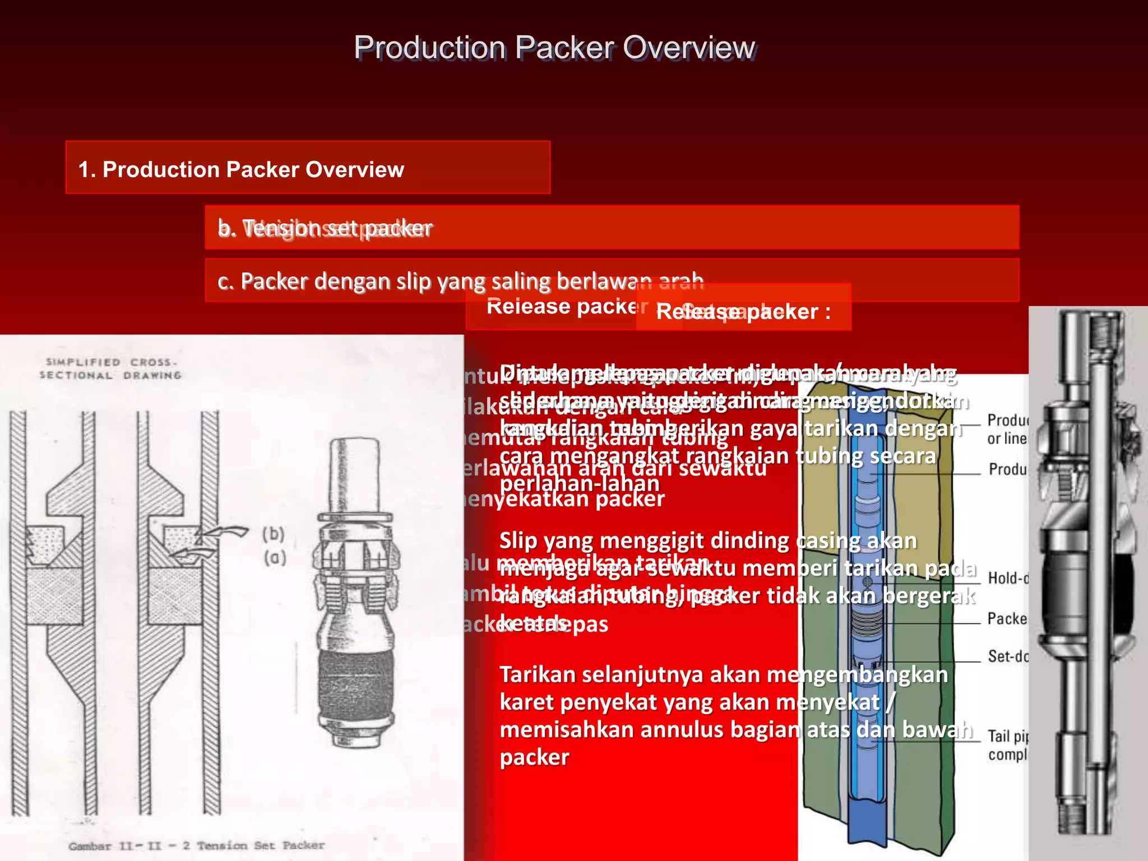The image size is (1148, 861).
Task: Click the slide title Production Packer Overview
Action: click(x=554, y=48)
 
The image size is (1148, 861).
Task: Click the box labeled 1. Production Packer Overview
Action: click(x=307, y=168)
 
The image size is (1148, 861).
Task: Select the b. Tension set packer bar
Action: click(x=611, y=228)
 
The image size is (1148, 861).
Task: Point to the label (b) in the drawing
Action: click(x=274, y=534)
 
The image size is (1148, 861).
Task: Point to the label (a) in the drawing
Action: click(x=275, y=558)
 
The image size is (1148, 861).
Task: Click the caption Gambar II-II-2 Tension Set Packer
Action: click(x=197, y=845)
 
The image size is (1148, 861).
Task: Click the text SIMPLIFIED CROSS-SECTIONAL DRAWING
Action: click(x=110, y=368)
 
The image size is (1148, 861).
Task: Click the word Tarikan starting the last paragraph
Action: click(x=538, y=675)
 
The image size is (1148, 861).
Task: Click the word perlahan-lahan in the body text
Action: click(x=579, y=484)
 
